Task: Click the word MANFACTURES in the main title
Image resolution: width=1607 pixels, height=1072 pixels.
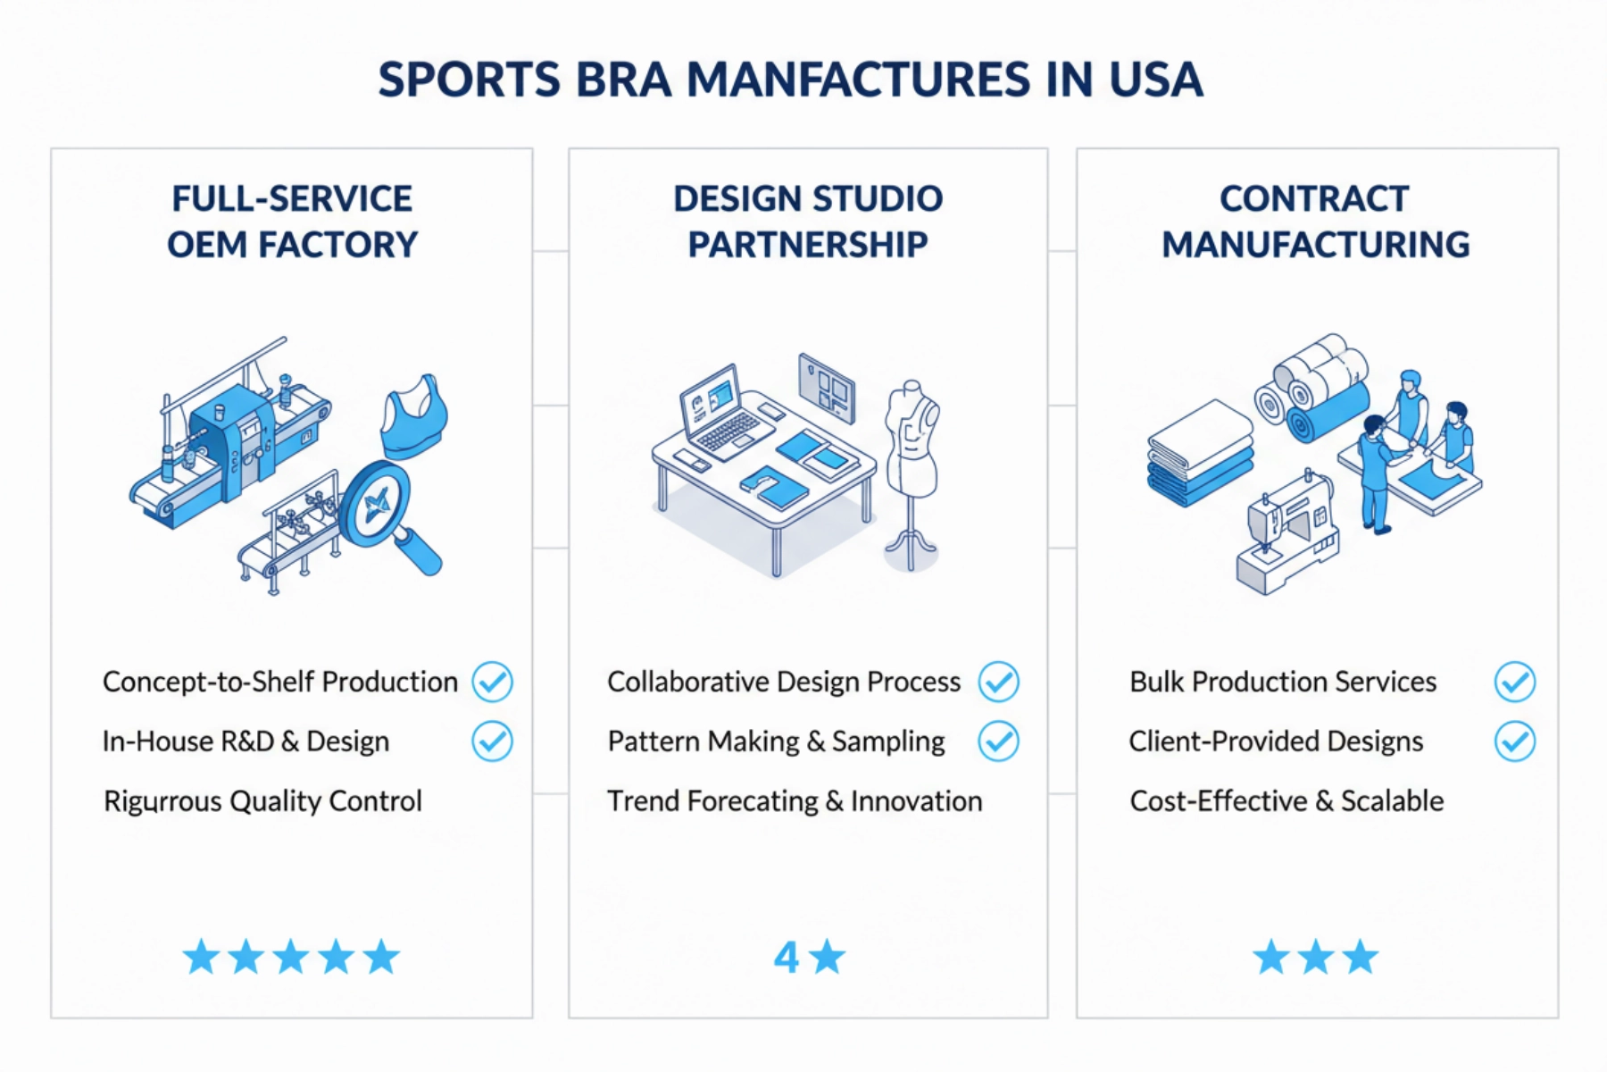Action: pyautogui.click(x=858, y=80)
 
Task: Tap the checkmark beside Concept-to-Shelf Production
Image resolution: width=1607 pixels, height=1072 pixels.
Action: pyautogui.click(x=492, y=683)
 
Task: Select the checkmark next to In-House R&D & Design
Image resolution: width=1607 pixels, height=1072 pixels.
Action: pyautogui.click(x=492, y=741)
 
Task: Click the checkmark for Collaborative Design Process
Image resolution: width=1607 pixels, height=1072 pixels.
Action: pyautogui.click(x=998, y=683)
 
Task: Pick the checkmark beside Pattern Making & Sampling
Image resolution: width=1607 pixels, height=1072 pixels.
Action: pyautogui.click(x=998, y=741)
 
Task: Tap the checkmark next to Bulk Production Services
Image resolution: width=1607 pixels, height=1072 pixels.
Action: pyautogui.click(x=1514, y=683)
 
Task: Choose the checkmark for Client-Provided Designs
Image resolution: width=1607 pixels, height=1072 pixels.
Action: pyautogui.click(x=1514, y=741)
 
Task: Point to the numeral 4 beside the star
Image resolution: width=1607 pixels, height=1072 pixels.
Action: pyautogui.click(x=786, y=958)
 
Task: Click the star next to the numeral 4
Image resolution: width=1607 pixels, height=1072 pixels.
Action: pyautogui.click(x=828, y=957)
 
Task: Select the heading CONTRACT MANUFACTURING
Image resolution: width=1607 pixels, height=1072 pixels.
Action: pyautogui.click(x=1315, y=222)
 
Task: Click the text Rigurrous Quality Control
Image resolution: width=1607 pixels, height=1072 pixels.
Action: pyautogui.click(x=262, y=801)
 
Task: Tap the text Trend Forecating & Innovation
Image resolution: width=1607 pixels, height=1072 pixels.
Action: pyautogui.click(x=794, y=801)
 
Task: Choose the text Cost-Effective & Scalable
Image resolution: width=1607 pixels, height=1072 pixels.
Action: pyautogui.click(x=1286, y=801)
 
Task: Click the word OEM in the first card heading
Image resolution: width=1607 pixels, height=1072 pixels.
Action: pyautogui.click(x=206, y=245)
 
